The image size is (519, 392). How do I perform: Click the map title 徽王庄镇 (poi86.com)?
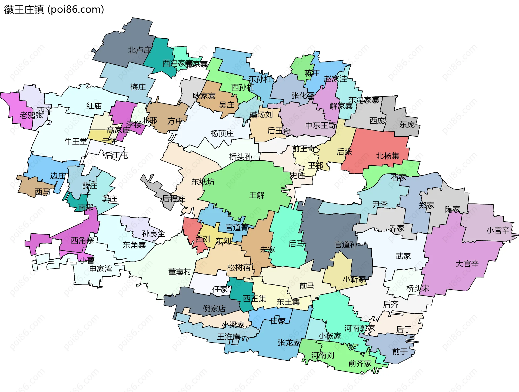pyautogui.click(x=54, y=10)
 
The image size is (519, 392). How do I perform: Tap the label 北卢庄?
pyautogui.click(x=139, y=50)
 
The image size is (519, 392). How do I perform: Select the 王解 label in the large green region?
pyautogui.click(x=257, y=195)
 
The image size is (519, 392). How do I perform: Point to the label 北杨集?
pyautogui.click(x=388, y=156)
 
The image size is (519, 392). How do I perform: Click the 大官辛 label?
pyautogui.click(x=467, y=264)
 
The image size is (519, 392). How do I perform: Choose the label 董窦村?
pyautogui.click(x=180, y=272)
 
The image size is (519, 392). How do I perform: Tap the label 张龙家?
pyautogui.click(x=289, y=343)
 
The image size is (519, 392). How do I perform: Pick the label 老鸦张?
pyautogui.click(x=31, y=115)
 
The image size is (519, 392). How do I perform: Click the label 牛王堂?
pyautogui.click(x=76, y=141)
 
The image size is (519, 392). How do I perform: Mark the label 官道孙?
pyautogui.click(x=346, y=245)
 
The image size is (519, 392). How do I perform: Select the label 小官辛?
pyautogui.click(x=498, y=230)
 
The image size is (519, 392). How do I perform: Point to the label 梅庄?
pyautogui.click(x=138, y=87)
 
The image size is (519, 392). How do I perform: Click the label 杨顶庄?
pyautogui.click(x=222, y=133)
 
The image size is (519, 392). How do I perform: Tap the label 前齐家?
pyautogui.click(x=360, y=363)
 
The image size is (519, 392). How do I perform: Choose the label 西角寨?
pyautogui.click(x=82, y=240)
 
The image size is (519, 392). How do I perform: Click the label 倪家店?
pyautogui.click(x=214, y=309)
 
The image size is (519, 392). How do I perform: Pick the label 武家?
pyautogui.click(x=403, y=256)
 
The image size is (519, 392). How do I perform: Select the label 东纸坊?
pyautogui.click(x=203, y=182)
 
